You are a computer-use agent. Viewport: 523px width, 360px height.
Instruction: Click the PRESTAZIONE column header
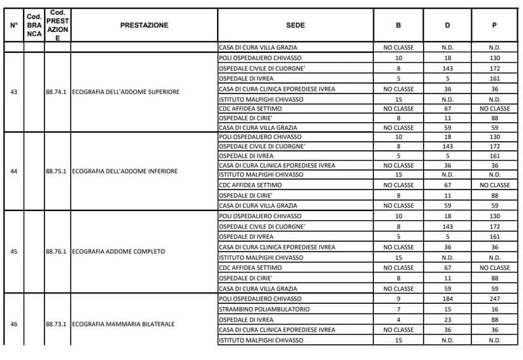pos(144,25)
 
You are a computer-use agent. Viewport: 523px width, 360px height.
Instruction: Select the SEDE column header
pos(295,25)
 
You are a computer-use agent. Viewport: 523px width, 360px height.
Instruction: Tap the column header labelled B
pos(398,25)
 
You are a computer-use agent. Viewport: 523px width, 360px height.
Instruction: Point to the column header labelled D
pos(447,25)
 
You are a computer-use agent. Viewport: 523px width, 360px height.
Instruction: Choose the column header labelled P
pos(494,25)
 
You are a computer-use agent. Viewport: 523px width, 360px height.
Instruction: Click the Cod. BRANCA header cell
pos(34,25)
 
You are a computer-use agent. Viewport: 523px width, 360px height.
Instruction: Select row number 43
pos(14,91)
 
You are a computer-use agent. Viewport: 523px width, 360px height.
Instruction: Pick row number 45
pos(14,252)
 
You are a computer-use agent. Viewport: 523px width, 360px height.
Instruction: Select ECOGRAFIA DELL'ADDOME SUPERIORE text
pos(126,91)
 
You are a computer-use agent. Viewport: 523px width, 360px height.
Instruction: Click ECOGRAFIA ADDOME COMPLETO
pos(118,252)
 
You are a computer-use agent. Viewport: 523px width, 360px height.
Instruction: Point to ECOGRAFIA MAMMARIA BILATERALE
pos(124,323)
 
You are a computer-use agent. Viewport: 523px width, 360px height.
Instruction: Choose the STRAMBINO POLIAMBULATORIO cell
pos(264,309)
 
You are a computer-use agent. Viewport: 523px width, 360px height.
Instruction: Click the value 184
pos(447,299)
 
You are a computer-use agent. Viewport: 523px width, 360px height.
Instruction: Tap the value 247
pos(494,299)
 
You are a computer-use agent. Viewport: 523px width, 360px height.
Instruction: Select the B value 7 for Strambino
pos(398,309)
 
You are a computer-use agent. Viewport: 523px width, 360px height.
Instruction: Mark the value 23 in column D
pos(447,319)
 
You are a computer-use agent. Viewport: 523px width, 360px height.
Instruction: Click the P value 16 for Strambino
pos(494,309)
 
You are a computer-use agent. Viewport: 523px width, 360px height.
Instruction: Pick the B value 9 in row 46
pos(398,299)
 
